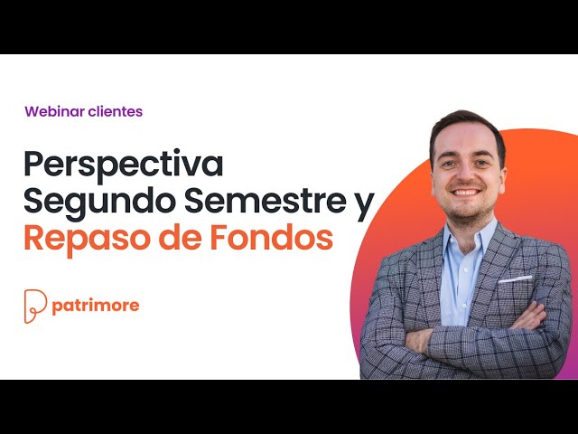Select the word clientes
116,112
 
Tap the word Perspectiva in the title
123,166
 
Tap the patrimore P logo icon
34,306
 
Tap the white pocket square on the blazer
516,278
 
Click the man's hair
465,125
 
